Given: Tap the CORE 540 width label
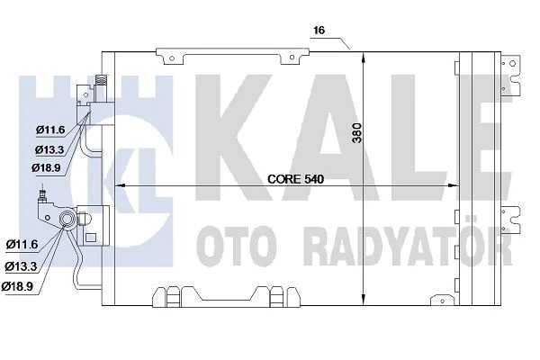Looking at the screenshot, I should coord(295,179).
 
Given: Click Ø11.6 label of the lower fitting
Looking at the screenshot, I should coord(21,244).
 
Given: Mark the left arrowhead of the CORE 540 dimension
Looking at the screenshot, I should coord(124,186).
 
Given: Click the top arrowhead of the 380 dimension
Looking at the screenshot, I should coord(363,55).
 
